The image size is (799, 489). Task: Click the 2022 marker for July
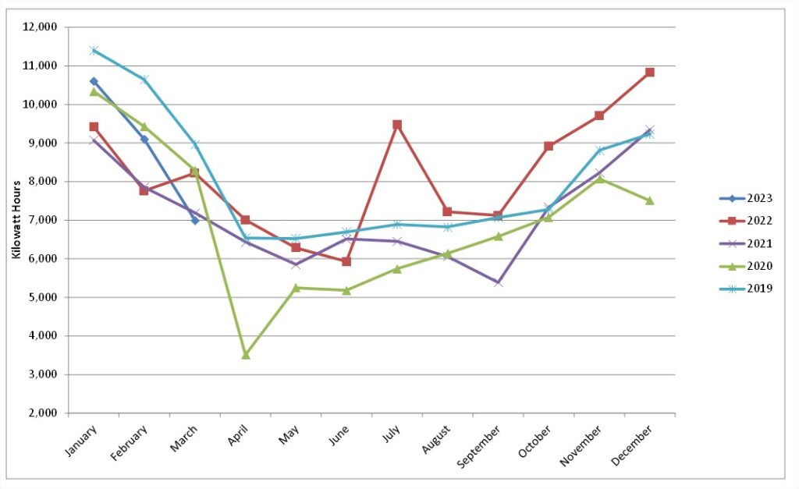tap(397, 125)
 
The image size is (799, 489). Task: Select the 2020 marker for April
tap(246, 355)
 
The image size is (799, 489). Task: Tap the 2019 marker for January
tap(94, 50)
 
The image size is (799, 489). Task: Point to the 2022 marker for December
tap(650, 73)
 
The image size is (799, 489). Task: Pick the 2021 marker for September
tap(499, 282)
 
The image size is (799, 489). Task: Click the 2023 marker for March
tap(194, 220)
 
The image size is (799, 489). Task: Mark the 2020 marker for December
tap(650, 200)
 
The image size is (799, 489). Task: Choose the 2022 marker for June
tap(346, 261)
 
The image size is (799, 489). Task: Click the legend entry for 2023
tap(746, 198)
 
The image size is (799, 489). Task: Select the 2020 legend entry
tap(746, 266)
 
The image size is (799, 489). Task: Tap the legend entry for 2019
tap(746, 289)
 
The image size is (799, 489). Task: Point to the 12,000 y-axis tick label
tap(40, 27)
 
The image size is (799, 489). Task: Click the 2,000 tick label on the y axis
tap(42, 413)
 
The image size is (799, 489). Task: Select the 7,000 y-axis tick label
tap(42, 220)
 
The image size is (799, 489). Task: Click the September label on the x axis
tap(479, 447)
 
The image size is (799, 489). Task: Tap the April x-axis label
tap(238, 434)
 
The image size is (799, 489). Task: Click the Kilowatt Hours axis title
tap(16, 219)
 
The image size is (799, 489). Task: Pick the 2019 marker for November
tap(599, 151)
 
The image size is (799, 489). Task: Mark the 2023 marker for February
tap(144, 139)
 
